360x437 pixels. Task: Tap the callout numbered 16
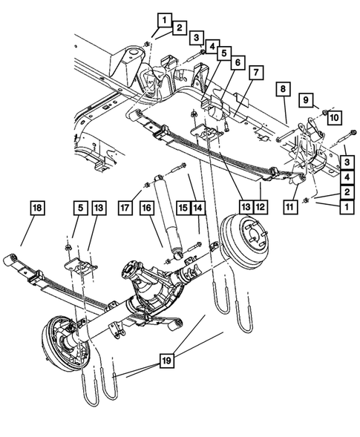tap(148, 211)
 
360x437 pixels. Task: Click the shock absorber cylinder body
tap(164, 214)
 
